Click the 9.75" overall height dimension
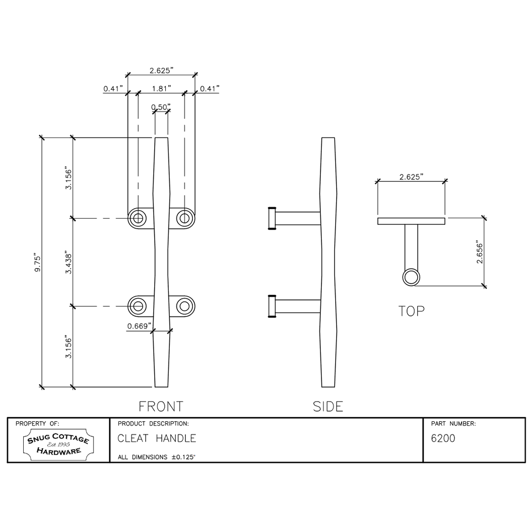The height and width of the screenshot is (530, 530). [x=37, y=263]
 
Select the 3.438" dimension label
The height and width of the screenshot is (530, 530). [x=69, y=262]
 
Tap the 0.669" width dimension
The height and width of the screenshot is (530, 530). [x=140, y=326]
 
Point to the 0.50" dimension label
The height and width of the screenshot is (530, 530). [x=161, y=107]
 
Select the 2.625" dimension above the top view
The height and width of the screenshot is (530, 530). [x=411, y=177]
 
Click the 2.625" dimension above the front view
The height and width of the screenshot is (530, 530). [x=161, y=71]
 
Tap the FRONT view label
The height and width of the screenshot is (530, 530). [x=161, y=406]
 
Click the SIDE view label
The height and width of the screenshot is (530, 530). [x=328, y=406]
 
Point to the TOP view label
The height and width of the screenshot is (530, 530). [x=411, y=311]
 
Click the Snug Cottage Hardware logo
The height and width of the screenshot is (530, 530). [x=58, y=445]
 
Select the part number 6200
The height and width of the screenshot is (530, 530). [x=443, y=439]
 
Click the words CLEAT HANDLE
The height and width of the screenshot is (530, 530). [x=157, y=439]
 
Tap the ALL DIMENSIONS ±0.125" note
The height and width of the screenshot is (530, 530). [x=156, y=457]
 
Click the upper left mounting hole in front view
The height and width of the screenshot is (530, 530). [x=137, y=218]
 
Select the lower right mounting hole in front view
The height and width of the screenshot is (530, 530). [x=185, y=306]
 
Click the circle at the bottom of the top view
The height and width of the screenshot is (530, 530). [x=411, y=277]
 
